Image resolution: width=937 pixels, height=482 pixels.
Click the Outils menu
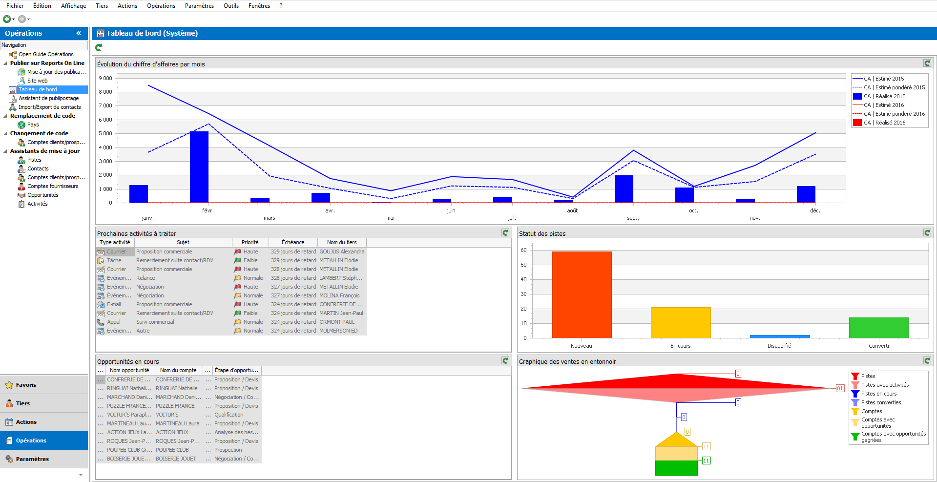pos(231,6)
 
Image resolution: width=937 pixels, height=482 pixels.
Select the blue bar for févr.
pos(199,167)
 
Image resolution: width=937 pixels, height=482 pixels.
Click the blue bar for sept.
pos(624,189)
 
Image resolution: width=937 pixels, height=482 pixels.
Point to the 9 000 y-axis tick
pos(105,78)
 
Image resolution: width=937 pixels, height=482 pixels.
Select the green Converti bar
pos(878,327)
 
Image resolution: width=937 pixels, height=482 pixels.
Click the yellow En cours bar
pos(680,322)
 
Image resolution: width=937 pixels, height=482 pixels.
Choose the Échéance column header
pos(293,242)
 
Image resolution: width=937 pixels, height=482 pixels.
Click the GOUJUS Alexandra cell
pos(342,251)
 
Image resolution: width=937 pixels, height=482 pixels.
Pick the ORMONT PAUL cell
pos(337,322)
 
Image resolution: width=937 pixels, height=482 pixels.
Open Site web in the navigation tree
pos(37,81)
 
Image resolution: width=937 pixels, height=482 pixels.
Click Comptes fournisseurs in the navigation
pos(53,186)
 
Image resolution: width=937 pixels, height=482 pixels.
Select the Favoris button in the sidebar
pos(26,385)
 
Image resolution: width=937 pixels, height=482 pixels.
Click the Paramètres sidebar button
pos(32,459)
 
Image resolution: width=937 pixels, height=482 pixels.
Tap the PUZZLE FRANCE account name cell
pos(175,406)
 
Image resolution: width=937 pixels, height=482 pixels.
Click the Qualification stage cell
pos(229,415)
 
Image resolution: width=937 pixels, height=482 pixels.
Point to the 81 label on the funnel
pos(840,388)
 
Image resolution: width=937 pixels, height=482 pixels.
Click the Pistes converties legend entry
pos(881,402)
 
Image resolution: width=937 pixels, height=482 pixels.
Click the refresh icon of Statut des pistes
pos(927,233)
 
